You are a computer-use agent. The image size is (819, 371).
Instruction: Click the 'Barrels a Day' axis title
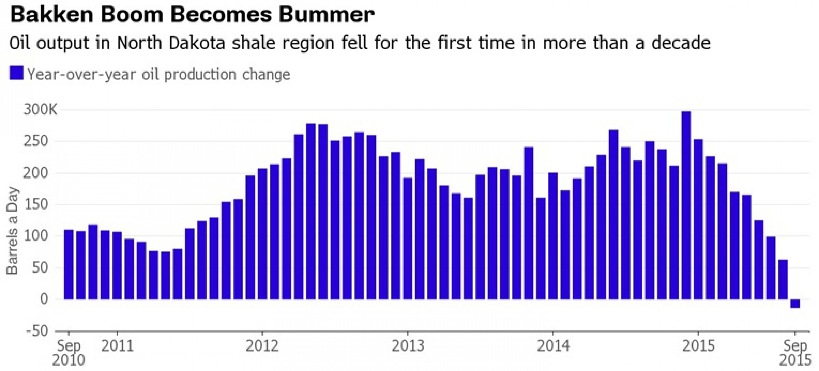click(x=13, y=231)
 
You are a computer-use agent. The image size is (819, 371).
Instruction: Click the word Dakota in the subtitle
click(x=197, y=43)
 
